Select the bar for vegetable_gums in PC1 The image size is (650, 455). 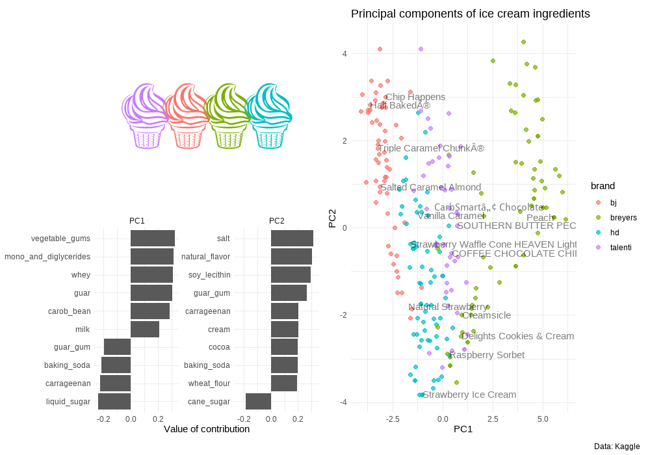tap(152, 239)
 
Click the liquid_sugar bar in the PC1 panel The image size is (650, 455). tap(114, 402)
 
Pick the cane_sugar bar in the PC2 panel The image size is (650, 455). tap(258, 402)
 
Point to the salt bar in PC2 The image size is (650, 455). tap(292, 239)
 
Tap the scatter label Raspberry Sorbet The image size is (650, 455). tap(487, 355)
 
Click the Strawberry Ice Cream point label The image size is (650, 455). tap(469, 395)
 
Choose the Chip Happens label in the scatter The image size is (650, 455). tap(415, 97)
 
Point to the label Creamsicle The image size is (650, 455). tap(486, 315)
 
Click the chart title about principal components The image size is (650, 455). tap(470, 14)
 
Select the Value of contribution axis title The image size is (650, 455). tap(207, 429)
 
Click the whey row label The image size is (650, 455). tap(81, 275)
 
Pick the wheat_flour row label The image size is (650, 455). tap(209, 383)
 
